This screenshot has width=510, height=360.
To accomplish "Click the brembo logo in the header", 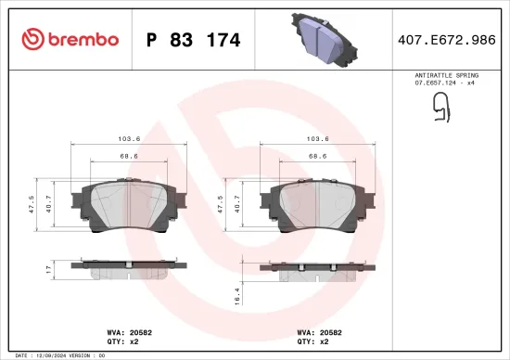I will [x=70, y=39].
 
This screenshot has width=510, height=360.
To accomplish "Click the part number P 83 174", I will [x=194, y=40].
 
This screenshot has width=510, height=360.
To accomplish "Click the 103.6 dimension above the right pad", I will [x=318, y=139].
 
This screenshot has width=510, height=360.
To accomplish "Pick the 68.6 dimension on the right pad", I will [x=318, y=156].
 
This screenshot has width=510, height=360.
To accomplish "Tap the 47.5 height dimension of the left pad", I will [x=32, y=204].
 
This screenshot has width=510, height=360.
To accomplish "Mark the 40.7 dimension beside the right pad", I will [x=237, y=204].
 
